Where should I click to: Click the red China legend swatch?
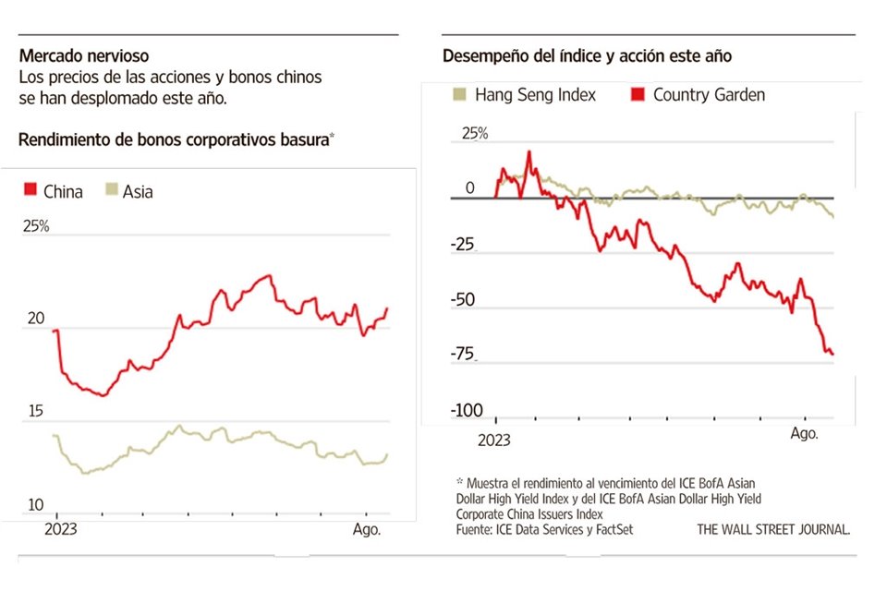pyautogui.click(x=30, y=191)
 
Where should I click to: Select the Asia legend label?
pyautogui.click(x=138, y=192)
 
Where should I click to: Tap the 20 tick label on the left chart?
pyautogui.click(x=36, y=319)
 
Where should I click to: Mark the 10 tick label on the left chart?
pyautogui.click(x=33, y=505)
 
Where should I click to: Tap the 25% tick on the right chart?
pyautogui.click(x=475, y=133)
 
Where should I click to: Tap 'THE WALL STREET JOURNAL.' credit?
pyautogui.click(x=773, y=530)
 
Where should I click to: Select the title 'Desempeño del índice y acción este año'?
pyautogui.click(x=587, y=56)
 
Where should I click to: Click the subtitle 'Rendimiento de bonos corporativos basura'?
pyautogui.click(x=174, y=139)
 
